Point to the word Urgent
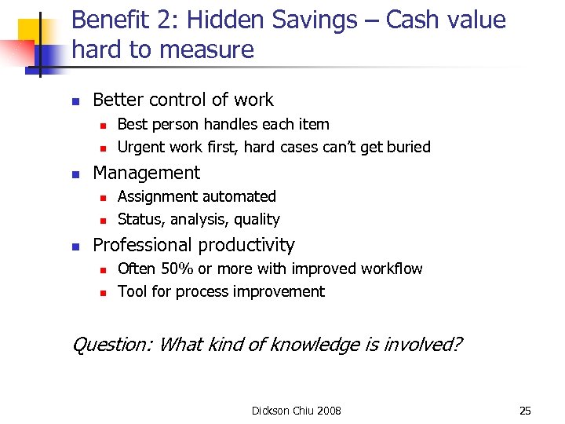click(x=141, y=147)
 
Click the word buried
click(x=409, y=147)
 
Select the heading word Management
click(x=146, y=173)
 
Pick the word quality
click(x=257, y=219)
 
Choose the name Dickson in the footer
click(x=271, y=410)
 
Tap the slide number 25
click(x=525, y=410)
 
